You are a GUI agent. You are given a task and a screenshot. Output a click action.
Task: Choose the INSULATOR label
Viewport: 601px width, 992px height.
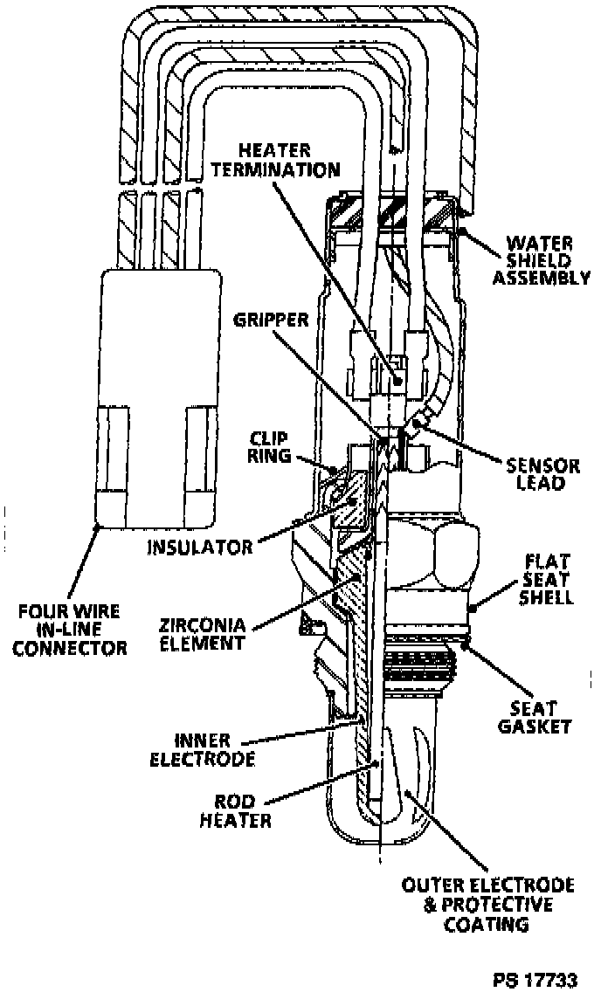tap(200, 548)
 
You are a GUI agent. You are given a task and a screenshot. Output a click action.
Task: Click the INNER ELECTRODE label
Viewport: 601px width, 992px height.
tap(202, 747)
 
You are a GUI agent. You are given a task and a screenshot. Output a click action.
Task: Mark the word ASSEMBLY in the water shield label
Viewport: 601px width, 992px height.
tap(542, 278)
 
